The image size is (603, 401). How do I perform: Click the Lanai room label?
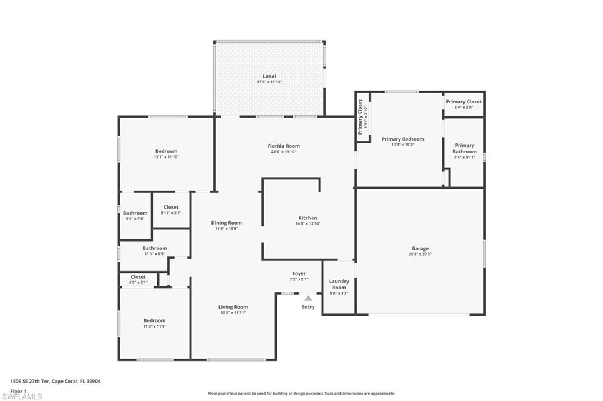269,76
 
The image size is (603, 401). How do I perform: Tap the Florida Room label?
284,146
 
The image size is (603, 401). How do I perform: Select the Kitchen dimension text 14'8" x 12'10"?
307,223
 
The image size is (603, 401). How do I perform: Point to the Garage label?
420,248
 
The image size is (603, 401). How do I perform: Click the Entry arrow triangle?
308,299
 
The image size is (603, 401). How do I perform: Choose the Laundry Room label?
339,285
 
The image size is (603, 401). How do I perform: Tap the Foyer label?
299,274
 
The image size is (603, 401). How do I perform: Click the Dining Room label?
227,223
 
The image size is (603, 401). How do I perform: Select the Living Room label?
233,307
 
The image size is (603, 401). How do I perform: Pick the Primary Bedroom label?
403,139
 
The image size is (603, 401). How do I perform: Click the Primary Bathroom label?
464,148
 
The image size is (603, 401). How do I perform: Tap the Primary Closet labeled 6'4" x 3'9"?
463,102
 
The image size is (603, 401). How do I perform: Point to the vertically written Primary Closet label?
360,116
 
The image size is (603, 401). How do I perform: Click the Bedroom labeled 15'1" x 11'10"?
166,151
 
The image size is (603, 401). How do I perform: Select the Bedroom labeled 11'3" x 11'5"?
154,320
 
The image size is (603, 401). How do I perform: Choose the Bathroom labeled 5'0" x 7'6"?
135,213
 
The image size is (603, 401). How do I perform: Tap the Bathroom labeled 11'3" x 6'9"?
154,248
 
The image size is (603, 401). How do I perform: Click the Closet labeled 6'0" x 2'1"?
138,276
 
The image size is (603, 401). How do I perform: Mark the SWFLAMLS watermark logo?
21,396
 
